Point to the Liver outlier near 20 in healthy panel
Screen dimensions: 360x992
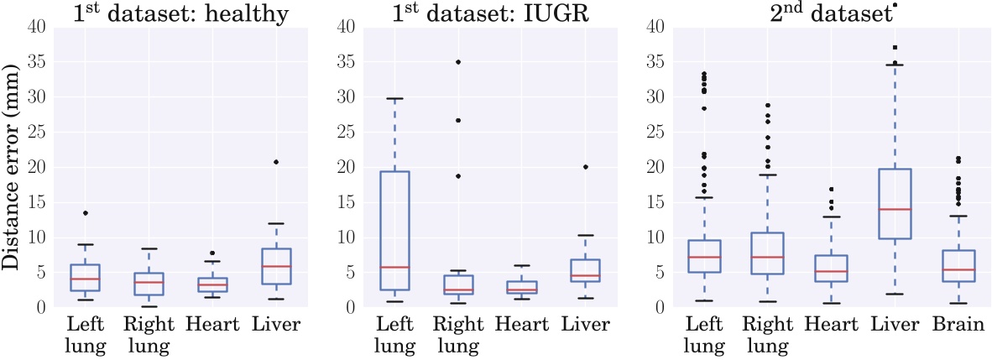[276, 162]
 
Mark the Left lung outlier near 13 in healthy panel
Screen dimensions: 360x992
[86, 213]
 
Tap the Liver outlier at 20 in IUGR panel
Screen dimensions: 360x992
[586, 167]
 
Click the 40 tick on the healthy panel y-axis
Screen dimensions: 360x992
[37, 27]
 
